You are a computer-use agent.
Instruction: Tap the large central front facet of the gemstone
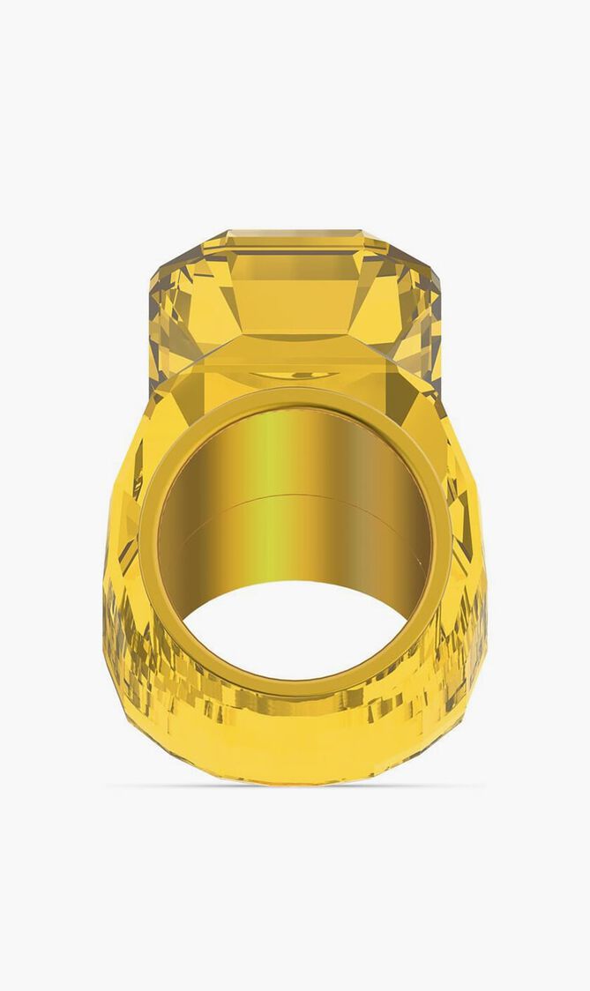click(295, 295)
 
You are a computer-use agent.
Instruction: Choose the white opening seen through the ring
click(295, 630)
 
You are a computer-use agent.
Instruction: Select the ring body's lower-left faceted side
click(132, 652)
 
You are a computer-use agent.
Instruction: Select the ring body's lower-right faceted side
click(459, 652)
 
